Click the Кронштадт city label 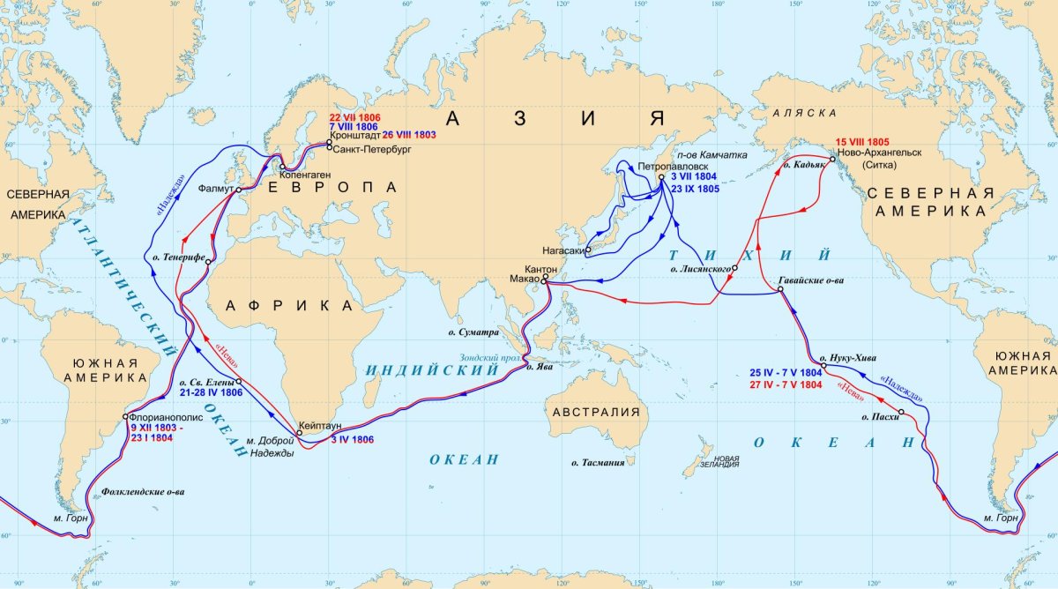click(x=355, y=137)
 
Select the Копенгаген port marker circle click(x=281, y=167)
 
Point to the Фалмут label click(x=215, y=189)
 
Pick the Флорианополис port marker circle click(x=125, y=418)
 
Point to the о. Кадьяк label click(x=803, y=165)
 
